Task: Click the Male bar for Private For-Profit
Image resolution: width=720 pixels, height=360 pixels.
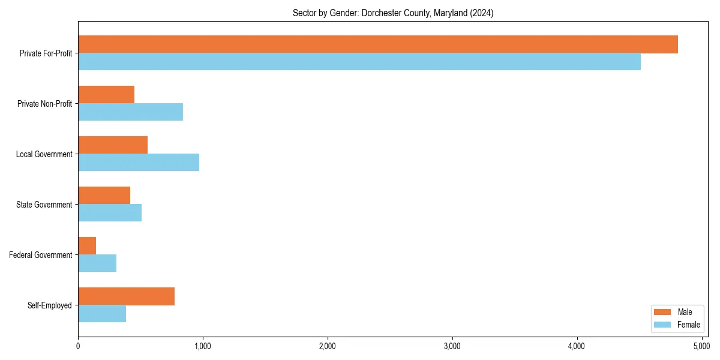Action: coord(378,44)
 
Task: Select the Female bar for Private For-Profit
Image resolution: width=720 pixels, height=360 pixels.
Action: coord(359,62)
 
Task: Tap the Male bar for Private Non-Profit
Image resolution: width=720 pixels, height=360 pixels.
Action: coord(106,95)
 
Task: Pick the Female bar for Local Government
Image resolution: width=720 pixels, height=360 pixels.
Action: coord(139,163)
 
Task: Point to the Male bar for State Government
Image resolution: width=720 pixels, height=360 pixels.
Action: coord(104,196)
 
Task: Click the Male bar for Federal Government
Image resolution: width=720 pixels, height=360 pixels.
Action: coord(87,246)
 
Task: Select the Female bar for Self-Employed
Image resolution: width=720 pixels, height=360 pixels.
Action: coord(102,314)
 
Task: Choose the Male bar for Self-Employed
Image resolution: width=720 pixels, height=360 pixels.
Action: coord(127,296)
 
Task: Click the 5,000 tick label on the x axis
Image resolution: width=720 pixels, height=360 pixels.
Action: coord(701,346)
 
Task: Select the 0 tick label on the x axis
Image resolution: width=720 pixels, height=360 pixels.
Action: coord(78,346)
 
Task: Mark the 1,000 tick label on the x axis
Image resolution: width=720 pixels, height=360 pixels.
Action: coord(203,346)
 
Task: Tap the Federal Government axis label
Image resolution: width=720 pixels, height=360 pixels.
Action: coord(41,255)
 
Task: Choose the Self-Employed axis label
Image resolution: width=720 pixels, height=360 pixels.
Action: coord(50,305)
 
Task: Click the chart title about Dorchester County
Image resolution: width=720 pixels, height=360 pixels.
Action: coord(393,13)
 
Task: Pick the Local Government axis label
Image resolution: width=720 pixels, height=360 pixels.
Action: coord(44,154)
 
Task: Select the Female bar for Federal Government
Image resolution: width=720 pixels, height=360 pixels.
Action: coord(97,263)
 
